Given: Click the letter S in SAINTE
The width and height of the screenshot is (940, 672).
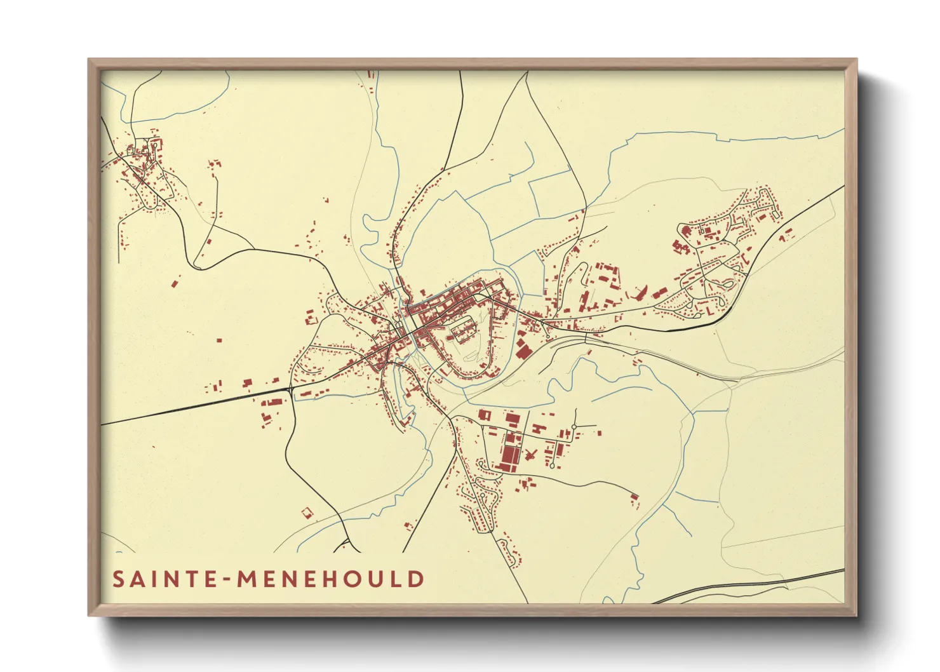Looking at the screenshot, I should click(117, 579).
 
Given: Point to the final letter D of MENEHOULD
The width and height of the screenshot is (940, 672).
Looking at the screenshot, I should click(416, 579).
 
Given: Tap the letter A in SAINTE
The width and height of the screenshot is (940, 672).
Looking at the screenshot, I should click(136, 579).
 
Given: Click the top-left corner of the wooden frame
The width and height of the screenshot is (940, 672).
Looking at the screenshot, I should click(90, 60).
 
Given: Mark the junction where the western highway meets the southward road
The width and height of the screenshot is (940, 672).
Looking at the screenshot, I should click(291, 389).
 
